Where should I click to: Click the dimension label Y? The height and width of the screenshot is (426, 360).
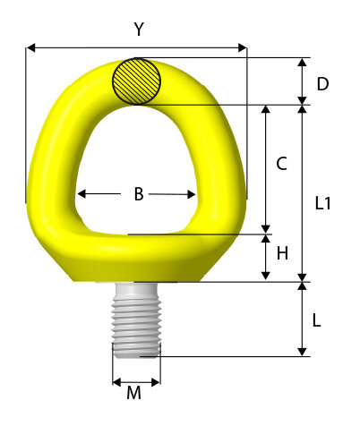139,30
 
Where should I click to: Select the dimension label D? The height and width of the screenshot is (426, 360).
322,84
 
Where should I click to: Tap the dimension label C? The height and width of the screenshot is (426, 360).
281,164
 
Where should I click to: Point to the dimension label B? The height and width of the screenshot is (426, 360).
139,194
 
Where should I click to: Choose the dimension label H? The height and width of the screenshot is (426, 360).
282,253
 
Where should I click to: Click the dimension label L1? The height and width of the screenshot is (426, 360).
323,204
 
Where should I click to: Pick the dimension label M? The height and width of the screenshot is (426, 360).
133,393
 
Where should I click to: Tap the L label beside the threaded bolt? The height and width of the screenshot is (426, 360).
316,320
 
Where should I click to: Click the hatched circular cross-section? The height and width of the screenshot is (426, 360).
136,81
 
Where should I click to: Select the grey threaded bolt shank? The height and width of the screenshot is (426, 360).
136,320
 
